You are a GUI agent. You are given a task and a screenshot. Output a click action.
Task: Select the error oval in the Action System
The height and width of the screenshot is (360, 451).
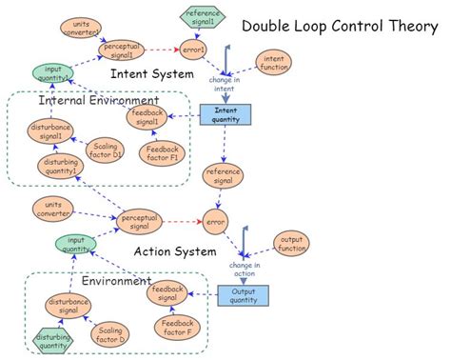tap(216, 222)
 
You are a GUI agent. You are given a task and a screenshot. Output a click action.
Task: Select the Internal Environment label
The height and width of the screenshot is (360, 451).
tap(98, 99)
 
